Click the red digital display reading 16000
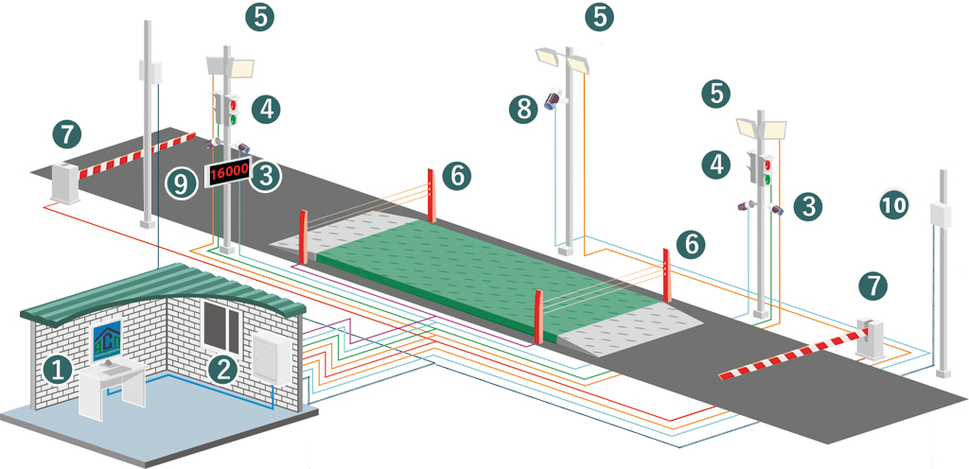[228, 173]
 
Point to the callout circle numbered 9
[180, 182]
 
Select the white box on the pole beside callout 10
[941, 215]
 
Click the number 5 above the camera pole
[600, 16]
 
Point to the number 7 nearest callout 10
[873, 286]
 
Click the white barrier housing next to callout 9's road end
[65, 183]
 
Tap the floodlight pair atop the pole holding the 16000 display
[230, 66]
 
